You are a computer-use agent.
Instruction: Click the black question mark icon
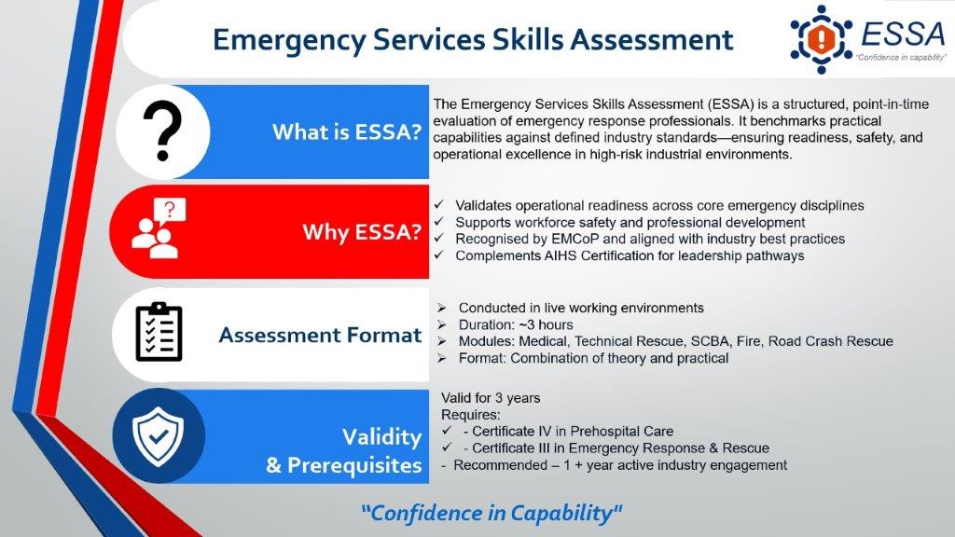point(162,131)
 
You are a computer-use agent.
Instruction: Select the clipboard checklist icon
point(159,332)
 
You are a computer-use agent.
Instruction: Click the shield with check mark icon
point(159,436)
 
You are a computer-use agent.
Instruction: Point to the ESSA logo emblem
point(821,39)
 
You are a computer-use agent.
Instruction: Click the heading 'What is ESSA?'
point(347,132)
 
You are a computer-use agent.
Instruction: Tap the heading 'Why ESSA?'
point(362,232)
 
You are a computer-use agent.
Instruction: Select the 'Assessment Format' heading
point(321,335)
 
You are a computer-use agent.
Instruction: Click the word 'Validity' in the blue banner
point(381,437)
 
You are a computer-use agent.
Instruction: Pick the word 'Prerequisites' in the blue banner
point(354,466)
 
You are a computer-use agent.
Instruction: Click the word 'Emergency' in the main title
point(289,40)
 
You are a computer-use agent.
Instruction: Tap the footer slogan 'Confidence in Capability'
point(491,514)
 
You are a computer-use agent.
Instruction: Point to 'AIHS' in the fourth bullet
point(560,255)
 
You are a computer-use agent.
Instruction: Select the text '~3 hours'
point(542,325)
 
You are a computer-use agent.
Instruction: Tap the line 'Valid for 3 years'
point(491,398)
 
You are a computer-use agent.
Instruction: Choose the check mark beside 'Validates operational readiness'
point(439,204)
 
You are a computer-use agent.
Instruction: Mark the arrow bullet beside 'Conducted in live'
point(441,308)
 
